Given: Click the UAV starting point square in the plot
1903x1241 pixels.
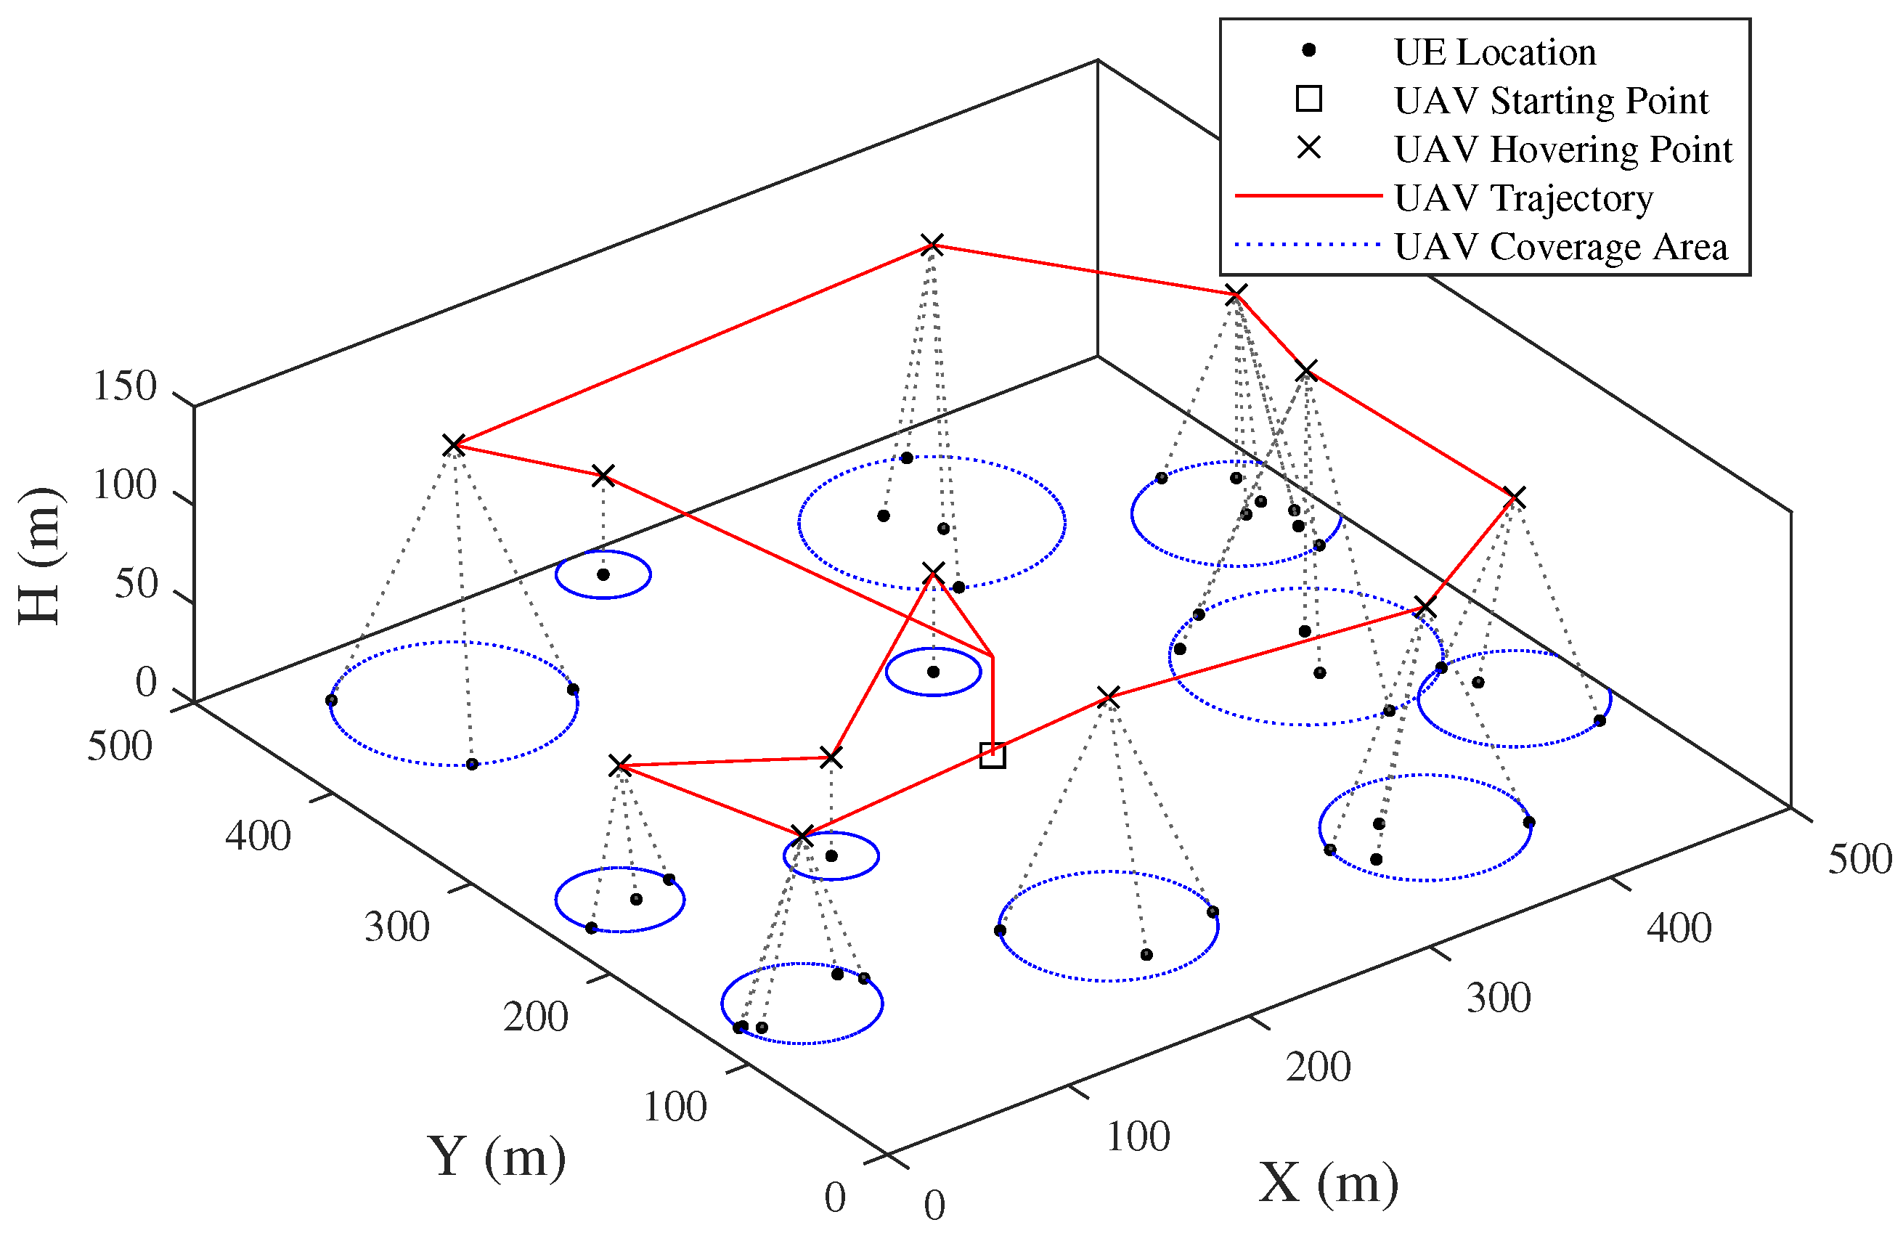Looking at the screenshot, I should [x=993, y=754].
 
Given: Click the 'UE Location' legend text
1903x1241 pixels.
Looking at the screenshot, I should [x=1494, y=53].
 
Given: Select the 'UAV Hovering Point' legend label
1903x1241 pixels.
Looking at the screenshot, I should [x=1562, y=150].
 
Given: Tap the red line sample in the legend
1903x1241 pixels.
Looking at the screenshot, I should [x=1308, y=195].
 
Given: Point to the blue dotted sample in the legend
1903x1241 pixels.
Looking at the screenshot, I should [x=1308, y=244].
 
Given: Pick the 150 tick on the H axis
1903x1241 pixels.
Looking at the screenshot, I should [x=125, y=386].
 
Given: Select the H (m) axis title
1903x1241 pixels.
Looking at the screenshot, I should [x=39, y=556].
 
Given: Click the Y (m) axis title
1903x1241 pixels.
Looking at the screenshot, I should [x=497, y=1156].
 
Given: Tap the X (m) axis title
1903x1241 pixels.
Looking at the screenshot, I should [x=1328, y=1183].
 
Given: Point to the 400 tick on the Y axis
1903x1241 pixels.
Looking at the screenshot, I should [x=258, y=837].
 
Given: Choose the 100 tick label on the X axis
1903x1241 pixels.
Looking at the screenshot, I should [x=1138, y=1136].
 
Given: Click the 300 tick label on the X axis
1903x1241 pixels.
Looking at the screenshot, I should [x=1499, y=998].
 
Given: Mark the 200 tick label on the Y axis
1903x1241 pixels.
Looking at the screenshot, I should [x=535, y=1017].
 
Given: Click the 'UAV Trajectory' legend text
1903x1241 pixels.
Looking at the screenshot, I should [x=1523, y=198].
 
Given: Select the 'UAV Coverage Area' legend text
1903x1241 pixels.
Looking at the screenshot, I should [x=1560, y=247].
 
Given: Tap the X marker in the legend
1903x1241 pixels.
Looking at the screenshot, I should [x=1309, y=148].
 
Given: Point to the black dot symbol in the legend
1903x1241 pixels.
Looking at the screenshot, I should [x=1309, y=50].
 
